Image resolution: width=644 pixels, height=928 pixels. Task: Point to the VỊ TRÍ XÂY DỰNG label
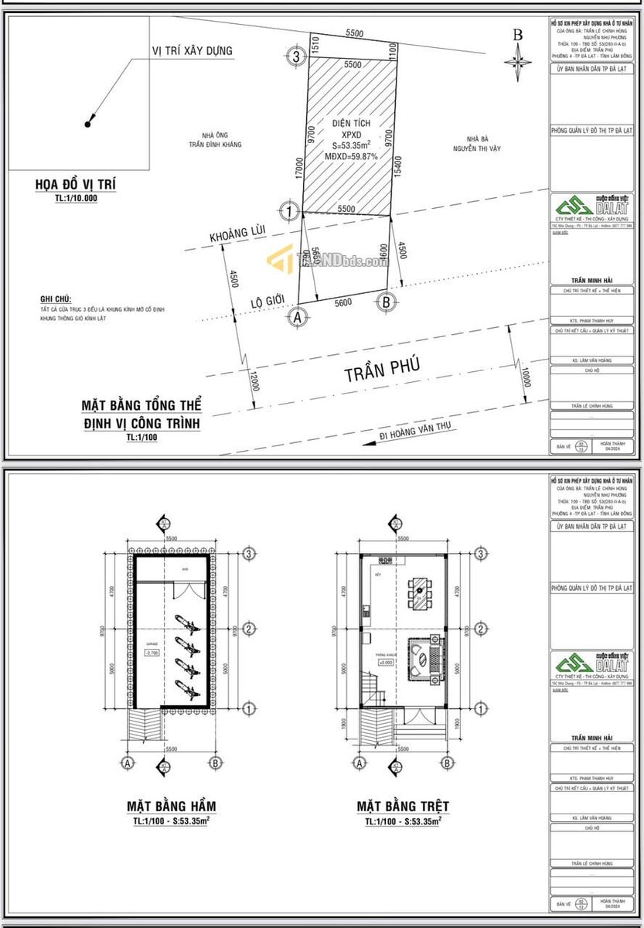(192, 51)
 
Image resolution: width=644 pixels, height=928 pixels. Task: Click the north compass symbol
(517, 57)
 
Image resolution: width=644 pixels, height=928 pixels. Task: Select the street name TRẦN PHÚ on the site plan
(382, 372)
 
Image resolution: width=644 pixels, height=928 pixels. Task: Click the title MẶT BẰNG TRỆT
(403, 806)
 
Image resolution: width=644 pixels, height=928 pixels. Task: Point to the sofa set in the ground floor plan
(424, 660)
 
